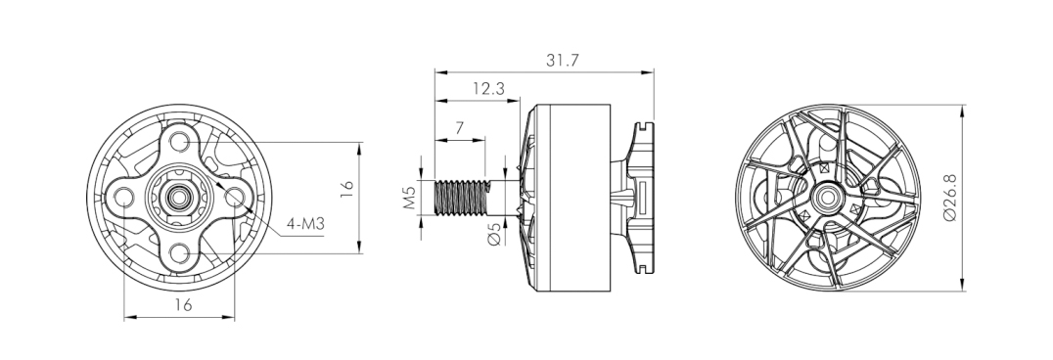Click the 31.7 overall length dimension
pos(562,61)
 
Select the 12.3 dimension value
pos(488,89)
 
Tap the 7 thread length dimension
pos(459,127)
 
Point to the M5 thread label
pos(410,199)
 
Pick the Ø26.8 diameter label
pos(950,198)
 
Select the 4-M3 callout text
pos(305,224)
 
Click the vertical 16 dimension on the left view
pos(346,189)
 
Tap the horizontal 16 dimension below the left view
pos(183,304)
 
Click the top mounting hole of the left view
pos(179,142)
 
